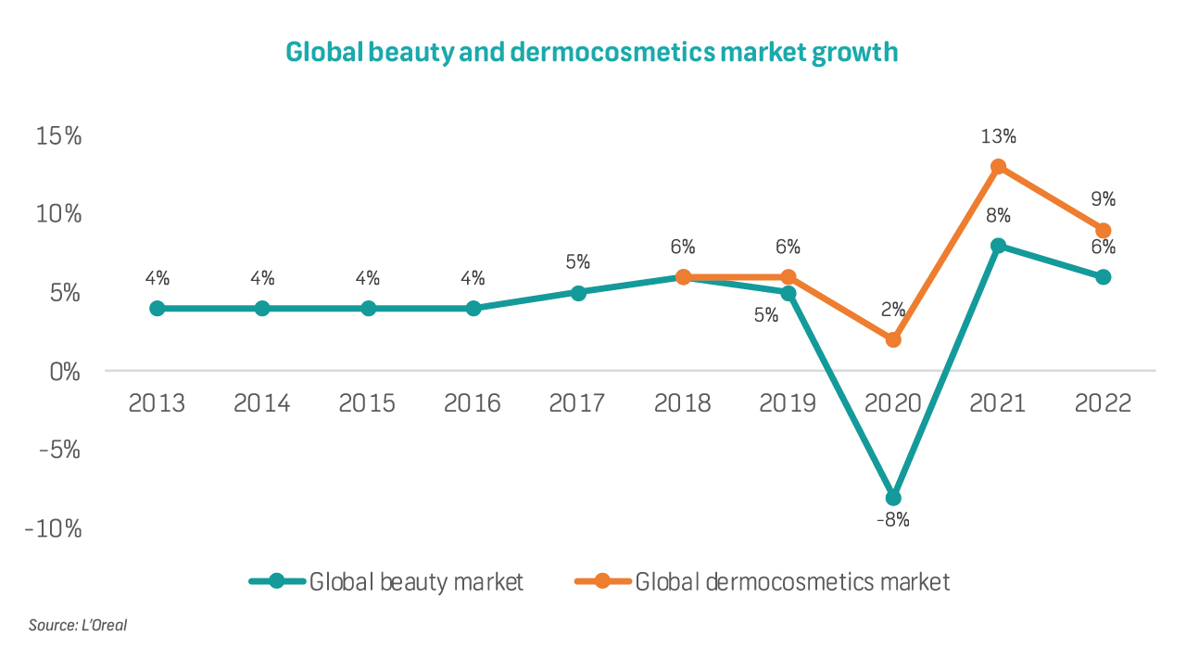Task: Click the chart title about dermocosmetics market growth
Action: (x=592, y=52)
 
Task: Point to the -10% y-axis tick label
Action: (x=54, y=529)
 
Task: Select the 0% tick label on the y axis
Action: (x=65, y=373)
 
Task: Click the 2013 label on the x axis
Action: (x=157, y=404)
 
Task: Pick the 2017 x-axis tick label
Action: (x=577, y=404)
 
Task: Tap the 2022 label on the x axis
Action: (x=1103, y=404)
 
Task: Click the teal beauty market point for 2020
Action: (x=893, y=497)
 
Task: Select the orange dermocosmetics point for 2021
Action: (x=998, y=167)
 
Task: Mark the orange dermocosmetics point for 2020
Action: (x=893, y=339)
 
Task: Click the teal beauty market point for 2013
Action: (x=158, y=308)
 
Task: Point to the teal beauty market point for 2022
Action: (x=1103, y=277)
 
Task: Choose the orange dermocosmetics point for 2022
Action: (x=1103, y=230)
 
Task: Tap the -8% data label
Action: (x=893, y=520)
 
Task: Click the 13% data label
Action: (x=998, y=136)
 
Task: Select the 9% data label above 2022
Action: (x=1103, y=199)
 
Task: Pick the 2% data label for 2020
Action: (x=893, y=310)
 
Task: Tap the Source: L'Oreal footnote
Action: (x=78, y=625)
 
